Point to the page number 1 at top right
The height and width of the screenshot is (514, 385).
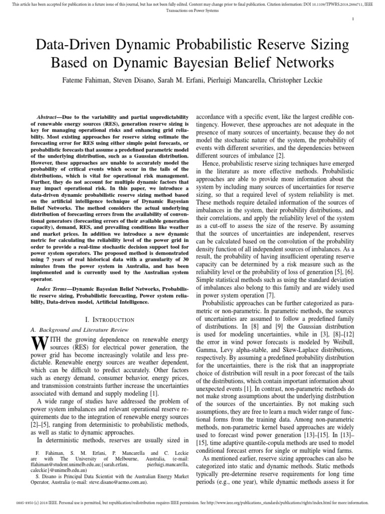click(353, 19)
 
